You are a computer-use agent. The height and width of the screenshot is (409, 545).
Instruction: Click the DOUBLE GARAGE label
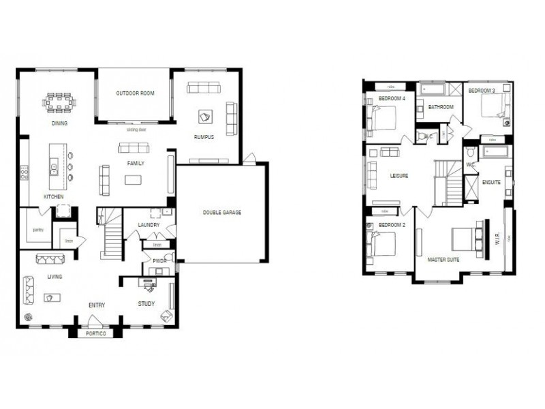pos(222,212)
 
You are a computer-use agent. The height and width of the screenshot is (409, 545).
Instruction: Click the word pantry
pos(38,230)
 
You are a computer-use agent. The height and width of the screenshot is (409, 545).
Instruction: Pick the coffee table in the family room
pos(134,180)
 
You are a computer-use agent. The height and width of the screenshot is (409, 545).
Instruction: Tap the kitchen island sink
pos(53,166)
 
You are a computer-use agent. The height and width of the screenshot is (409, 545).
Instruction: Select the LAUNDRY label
pos(148,224)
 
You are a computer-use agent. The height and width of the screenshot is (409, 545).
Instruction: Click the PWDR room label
pos(160,260)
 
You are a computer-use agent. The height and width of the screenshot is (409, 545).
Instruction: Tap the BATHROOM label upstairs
pos(441,107)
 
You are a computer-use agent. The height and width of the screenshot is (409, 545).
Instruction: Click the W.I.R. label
pos(497,240)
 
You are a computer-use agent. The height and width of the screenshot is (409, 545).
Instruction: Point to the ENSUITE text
pos(490,182)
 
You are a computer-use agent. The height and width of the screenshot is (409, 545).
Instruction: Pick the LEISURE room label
pos(399,175)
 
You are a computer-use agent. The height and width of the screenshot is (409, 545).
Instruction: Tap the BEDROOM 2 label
pos(392,225)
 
